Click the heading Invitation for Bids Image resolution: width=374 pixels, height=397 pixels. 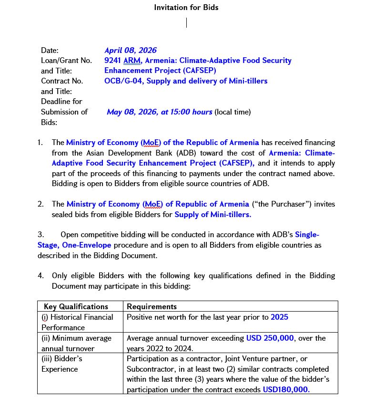coord(186,7)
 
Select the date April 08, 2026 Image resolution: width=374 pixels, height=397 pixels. coord(130,50)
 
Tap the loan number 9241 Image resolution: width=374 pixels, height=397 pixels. coord(113,60)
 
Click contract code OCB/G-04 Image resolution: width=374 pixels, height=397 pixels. coord(123,81)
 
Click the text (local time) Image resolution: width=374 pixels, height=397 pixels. coord(232,112)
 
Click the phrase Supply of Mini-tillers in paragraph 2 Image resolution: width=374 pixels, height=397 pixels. coord(212,214)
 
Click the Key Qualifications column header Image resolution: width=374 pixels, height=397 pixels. coord(76,306)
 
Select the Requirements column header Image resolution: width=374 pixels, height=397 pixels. coord(152,306)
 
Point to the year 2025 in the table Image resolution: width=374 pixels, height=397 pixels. coord(279,317)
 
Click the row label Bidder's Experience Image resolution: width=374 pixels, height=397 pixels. coord(62,364)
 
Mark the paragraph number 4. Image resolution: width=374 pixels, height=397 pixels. coord(40,275)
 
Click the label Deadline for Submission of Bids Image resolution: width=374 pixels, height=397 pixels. coord(64,112)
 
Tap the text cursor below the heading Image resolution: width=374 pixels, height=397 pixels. coord(186,22)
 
